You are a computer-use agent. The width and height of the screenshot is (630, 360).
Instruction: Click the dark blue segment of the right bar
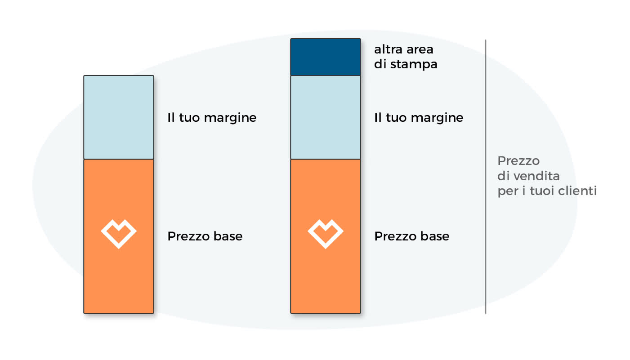tap(326, 57)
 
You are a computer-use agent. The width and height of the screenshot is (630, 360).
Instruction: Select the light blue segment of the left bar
tap(119, 117)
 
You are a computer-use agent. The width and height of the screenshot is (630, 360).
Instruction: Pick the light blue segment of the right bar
tap(326, 117)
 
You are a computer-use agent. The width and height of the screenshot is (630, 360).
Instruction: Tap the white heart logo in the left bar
tap(119, 234)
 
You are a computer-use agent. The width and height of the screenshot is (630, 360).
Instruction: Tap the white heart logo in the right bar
tap(326, 234)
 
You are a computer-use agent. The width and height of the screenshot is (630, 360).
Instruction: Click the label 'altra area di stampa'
tap(406, 57)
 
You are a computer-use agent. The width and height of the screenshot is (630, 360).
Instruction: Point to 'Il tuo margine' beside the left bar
tap(212, 118)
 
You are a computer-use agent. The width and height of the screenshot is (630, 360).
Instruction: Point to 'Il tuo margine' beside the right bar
tap(419, 118)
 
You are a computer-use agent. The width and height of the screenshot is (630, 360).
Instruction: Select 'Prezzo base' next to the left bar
tap(205, 236)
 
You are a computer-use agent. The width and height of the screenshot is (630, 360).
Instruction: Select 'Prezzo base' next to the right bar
tap(411, 236)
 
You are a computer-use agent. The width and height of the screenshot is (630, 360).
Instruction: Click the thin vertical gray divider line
tap(486, 177)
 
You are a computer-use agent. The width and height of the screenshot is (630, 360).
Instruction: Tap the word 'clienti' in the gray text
tap(577, 191)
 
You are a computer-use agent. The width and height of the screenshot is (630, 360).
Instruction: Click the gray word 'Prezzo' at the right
tap(518, 161)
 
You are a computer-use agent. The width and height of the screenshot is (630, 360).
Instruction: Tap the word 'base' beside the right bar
tap(435, 236)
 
